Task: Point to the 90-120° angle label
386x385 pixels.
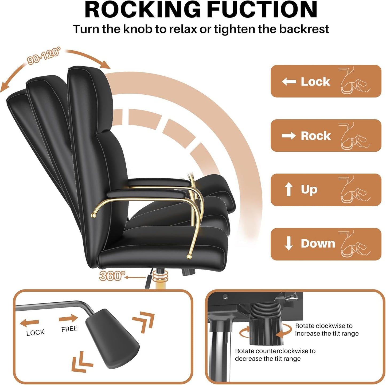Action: [x=44, y=56]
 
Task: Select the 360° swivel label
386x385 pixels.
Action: [x=112, y=276]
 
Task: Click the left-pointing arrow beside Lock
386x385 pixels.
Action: [x=289, y=81]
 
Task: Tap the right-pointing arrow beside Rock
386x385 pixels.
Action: [x=289, y=136]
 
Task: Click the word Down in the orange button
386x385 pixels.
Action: [x=318, y=243]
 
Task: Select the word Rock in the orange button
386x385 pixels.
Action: [x=316, y=136]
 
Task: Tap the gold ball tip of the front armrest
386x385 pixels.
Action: [x=189, y=256]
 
